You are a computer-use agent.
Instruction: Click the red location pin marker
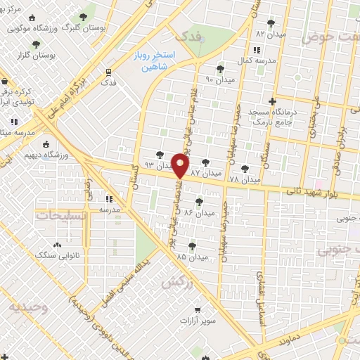click(181, 165)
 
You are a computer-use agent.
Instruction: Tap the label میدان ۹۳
click(158, 165)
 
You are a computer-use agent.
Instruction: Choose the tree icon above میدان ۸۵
click(193, 245)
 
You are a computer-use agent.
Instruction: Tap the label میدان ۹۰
click(219, 79)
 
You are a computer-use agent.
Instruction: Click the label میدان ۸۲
click(271, 33)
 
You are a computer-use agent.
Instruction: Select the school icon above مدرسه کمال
click(255, 50)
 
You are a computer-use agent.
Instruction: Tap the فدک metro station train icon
click(108, 72)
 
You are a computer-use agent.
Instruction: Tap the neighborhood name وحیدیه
click(29, 307)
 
